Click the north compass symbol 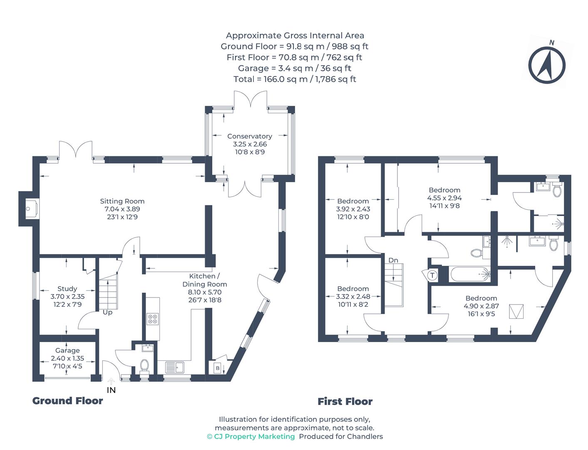547,65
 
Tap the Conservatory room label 249,136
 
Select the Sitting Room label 122,201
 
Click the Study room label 67,289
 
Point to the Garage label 67,350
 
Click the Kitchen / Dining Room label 204,280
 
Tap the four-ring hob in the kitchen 152,319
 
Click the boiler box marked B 217,368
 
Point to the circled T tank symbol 432,275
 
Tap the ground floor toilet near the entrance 144,365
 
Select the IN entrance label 111,390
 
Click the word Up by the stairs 107,312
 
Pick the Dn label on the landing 393,260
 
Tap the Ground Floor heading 67,400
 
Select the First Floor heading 345,401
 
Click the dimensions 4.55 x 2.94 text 444,198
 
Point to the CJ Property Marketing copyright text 251,436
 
